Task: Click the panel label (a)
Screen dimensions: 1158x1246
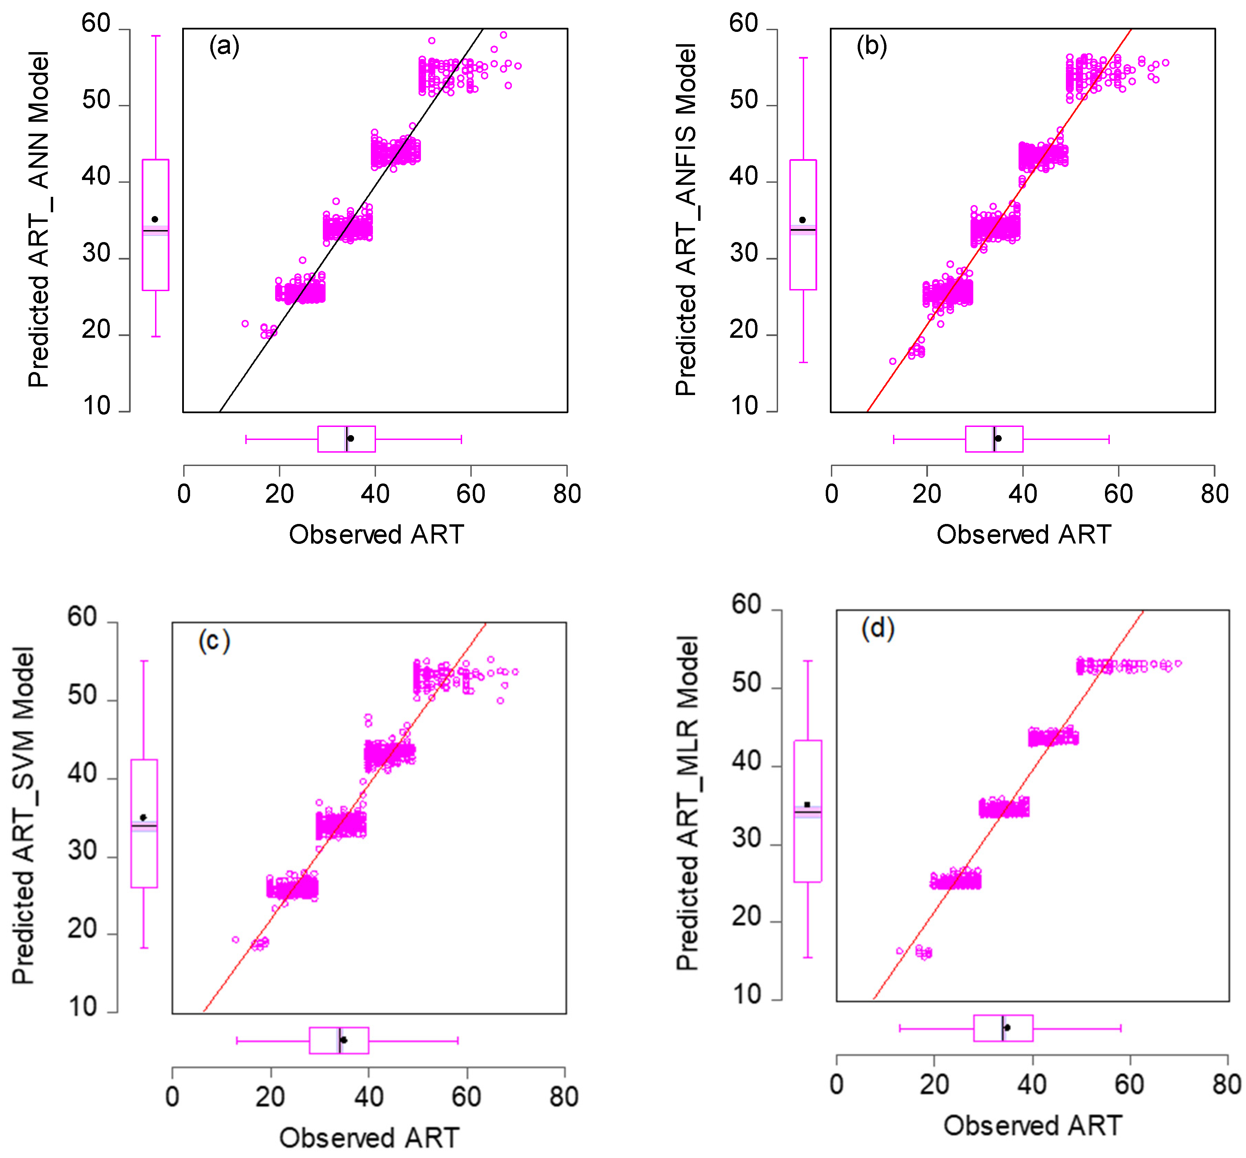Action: tap(224, 46)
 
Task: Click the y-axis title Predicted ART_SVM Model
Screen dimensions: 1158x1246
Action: tap(24, 815)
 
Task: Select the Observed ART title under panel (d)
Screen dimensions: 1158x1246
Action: tap(1032, 1126)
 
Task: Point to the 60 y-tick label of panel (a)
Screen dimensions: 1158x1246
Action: tap(96, 24)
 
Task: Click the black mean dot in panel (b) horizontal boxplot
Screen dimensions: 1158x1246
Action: tap(998, 438)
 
